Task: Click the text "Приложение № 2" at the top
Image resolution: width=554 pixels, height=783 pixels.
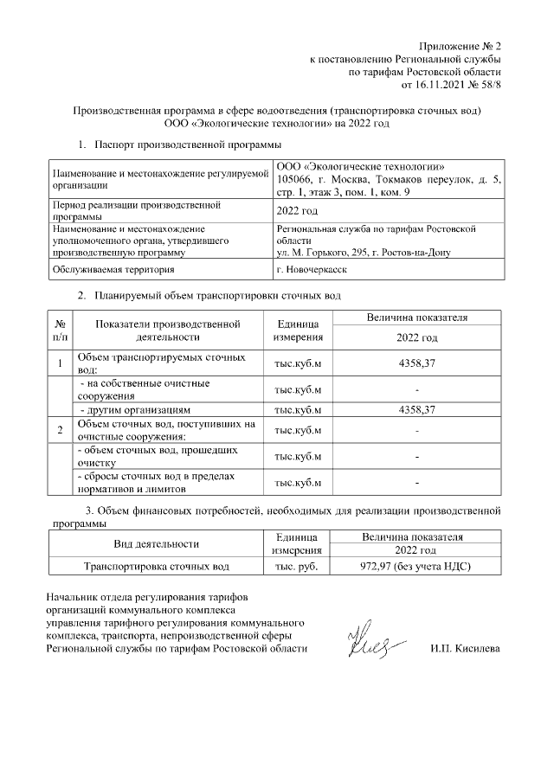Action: click(460, 45)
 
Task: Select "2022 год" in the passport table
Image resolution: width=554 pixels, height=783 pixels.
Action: click(297, 211)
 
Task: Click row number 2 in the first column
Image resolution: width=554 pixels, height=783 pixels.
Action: click(61, 430)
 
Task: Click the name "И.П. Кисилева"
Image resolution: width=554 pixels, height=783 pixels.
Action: click(465, 648)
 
